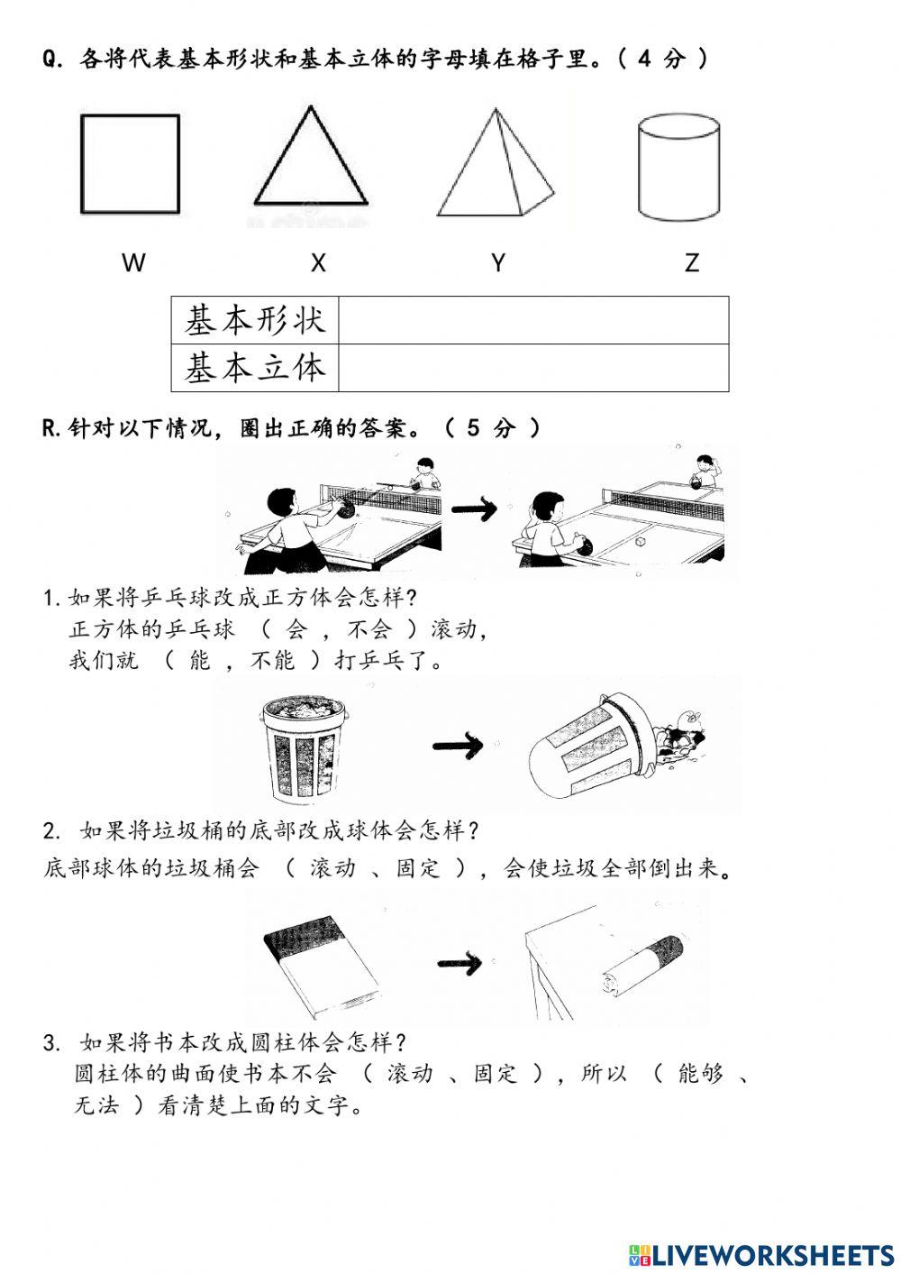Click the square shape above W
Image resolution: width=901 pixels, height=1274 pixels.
(x=130, y=163)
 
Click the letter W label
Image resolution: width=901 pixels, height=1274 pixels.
(x=133, y=262)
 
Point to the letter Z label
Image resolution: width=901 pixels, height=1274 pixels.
(x=691, y=262)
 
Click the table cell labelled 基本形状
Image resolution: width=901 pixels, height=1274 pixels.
(x=255, y=320)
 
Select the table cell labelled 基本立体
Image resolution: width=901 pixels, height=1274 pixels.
(x=255, y=368)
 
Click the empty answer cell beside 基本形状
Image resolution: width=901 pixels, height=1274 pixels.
(x=532, y=320)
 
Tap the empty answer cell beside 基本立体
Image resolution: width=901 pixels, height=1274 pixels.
(x=532, y=368)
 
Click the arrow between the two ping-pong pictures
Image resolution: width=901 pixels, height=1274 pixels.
(x=474, y=509)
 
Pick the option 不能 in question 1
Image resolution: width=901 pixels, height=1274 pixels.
(x=272, y=661)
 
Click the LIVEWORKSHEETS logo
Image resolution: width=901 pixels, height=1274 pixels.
(x=761, y=1254)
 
